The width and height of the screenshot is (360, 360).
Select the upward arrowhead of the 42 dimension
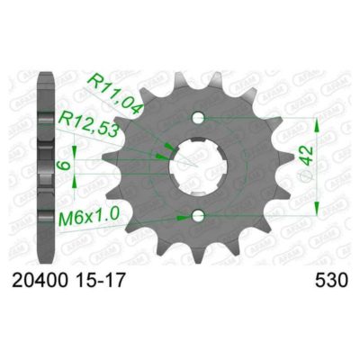point(316,122)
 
